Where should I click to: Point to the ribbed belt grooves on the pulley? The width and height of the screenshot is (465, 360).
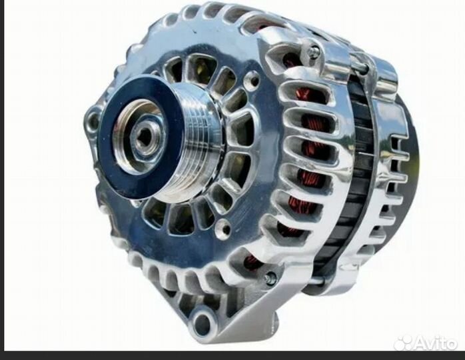[198, 139]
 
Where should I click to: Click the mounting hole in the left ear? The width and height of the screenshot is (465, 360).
[95, 119]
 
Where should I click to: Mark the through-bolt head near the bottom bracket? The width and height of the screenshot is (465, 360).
[270, 278]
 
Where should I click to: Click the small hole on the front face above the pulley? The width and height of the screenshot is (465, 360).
[254, 79]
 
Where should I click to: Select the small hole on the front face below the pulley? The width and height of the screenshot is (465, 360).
[225, 228]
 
